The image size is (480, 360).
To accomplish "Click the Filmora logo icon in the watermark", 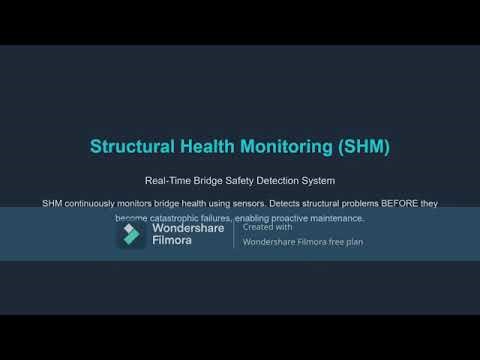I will [131, 235].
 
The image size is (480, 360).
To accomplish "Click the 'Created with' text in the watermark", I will [263, 227].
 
